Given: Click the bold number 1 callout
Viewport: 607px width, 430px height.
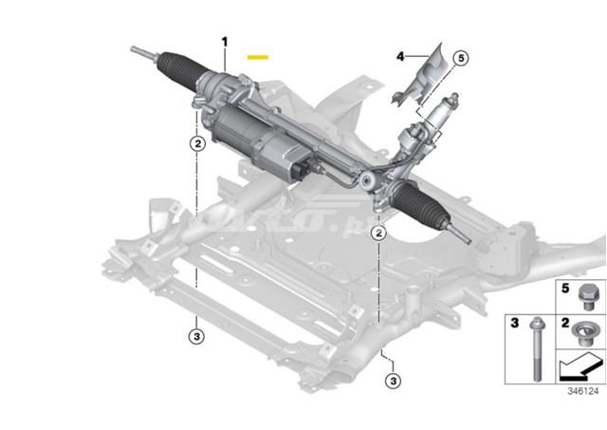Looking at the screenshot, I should point(225,42).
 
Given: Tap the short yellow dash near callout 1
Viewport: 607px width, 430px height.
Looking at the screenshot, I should point(257,57).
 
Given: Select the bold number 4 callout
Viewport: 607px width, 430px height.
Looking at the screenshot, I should point(401,57).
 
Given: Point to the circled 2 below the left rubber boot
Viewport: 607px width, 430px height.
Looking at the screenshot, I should point(196,144).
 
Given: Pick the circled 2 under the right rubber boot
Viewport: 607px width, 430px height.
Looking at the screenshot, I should point(378,232).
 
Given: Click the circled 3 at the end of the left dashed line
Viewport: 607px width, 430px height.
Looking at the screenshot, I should point(196,334).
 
